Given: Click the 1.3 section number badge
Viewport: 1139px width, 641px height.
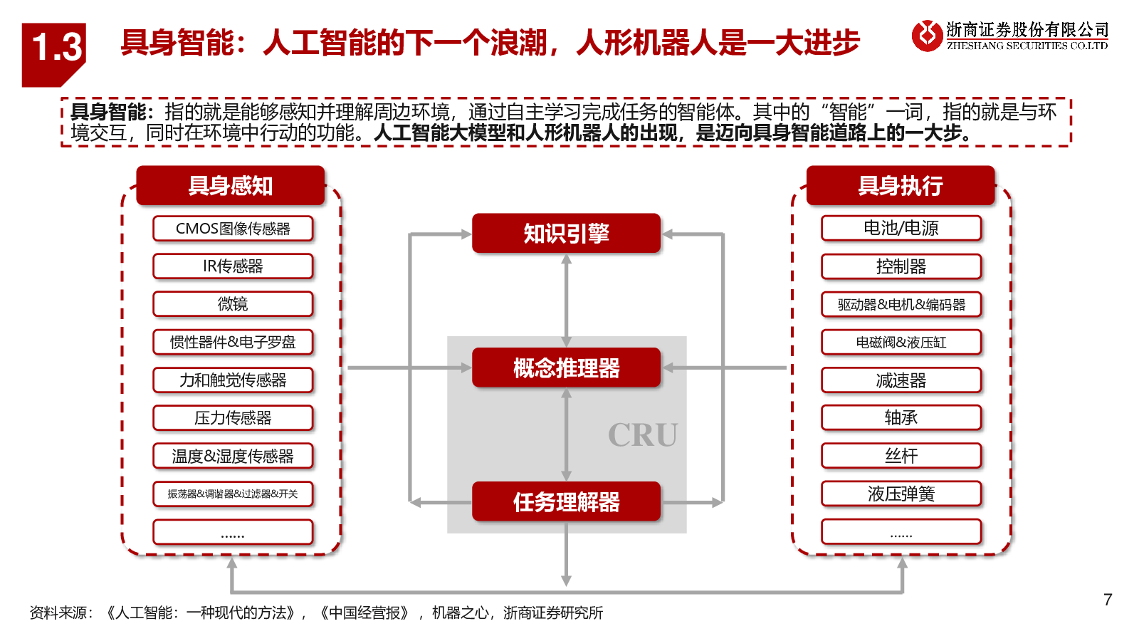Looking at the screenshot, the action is point(53,54).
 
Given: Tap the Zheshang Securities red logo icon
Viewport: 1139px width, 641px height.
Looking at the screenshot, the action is point(926,36).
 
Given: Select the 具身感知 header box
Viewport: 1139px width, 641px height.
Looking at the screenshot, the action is point(231,186).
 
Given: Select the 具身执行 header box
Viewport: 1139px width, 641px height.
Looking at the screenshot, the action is point(901,186).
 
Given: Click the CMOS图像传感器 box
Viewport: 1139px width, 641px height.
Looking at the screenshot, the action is point(233,229).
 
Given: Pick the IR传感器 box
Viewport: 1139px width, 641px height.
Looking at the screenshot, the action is point(233,266).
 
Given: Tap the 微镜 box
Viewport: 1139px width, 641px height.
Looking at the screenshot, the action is point(233,304).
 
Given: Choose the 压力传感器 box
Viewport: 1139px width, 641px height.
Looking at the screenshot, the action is point(233,418).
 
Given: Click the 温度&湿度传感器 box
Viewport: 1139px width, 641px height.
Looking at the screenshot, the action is point(233,456).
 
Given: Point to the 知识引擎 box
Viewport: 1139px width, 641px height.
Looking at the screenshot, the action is point(567,234).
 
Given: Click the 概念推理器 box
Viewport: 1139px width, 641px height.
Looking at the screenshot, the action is point(567,368).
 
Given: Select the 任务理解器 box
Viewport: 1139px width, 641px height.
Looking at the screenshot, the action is point(567,501).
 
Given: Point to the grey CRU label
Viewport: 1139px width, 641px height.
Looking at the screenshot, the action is point(643,435).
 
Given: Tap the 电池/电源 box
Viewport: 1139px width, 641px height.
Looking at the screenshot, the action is point(901,229).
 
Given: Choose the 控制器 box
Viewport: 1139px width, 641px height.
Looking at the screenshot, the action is point(901,266).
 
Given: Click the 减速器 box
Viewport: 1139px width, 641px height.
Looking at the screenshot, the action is point(901,380).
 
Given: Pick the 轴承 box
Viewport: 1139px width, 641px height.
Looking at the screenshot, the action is point(901,418).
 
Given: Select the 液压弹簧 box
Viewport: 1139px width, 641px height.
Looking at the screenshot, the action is point(901,494).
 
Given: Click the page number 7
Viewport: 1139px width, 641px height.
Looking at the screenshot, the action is point(1108,600).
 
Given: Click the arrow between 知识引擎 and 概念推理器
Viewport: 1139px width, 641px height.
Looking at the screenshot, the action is point(567,301).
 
